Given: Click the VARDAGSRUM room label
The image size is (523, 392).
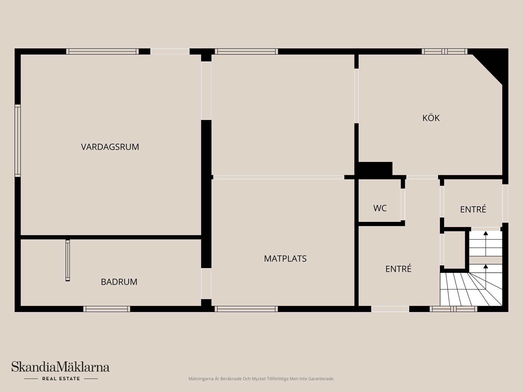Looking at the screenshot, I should pyautogui.click(x=110, y=147).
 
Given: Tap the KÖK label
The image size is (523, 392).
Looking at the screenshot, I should pyautogui.click(x=431, y=118).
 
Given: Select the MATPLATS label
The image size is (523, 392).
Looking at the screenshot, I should pyautogui.click(x=285, y=259).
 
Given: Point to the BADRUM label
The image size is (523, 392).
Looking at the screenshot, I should pyautogui.click(x=119, y=282).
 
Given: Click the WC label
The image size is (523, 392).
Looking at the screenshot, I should pyautogui.click(x=380, y=208).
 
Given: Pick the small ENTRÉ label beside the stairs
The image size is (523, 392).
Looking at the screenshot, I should pyautogui.click(x=473, y=209).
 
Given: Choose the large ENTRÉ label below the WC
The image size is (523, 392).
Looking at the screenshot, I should pyautogui.click(x=398, y=269).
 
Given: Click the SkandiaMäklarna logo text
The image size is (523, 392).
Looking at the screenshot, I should pyautogui.click(x=60, y=367).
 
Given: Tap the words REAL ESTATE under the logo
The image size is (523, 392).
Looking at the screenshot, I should pyautogui.click(x=61, y=379).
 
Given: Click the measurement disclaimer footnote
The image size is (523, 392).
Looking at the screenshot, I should pyautogui.click(x=261, y=379).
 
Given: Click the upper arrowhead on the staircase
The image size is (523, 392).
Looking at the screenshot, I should pyautogui.click(x=485, y=233).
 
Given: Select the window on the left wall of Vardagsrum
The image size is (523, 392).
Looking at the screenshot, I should pyautogui.click(x=18, y=140).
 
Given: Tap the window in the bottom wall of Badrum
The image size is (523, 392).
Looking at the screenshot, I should pyautogui.click(x=107, y=309).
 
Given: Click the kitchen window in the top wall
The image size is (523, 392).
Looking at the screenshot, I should pyautogui.click(x=445, y=51).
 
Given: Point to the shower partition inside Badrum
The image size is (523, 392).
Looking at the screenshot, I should pyautogui.click(x=68, y=260).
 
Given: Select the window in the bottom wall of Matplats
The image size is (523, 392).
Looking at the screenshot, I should pyautogui.click(x=246, y=309).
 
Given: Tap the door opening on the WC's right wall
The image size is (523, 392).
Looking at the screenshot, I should pyautogui.click(x=403, y=204).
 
